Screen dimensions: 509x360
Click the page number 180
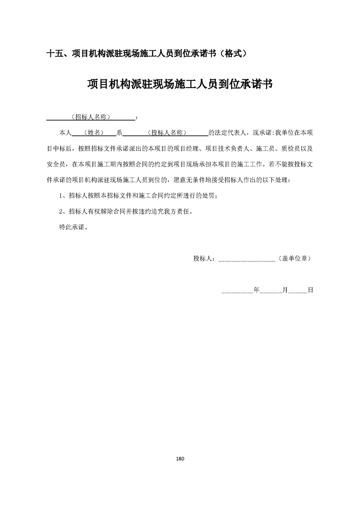click(180, 459)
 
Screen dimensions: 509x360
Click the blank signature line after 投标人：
click(247, 259)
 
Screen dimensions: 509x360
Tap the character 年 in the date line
click(256, 289)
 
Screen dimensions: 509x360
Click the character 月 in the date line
click(285, 289)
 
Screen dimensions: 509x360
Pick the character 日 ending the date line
click(311, 289)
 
